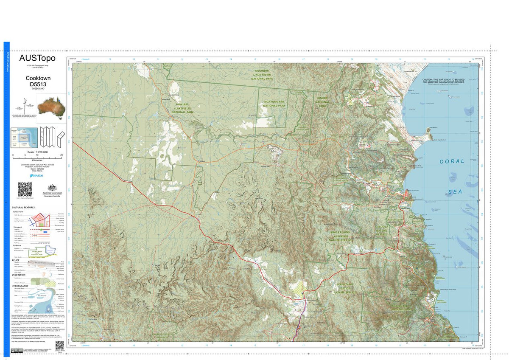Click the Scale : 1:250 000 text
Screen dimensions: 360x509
tap(37, 152)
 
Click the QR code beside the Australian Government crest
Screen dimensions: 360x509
tap(25, 189)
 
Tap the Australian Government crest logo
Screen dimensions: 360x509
tap(52, 190)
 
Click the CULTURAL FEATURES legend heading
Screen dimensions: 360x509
tap(24, 207)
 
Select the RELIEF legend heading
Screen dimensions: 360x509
tap(16, 259)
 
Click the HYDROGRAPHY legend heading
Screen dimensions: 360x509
tap(20, 286)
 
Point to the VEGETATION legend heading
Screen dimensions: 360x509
tap(19, 275)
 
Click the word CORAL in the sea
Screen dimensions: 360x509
tap(452, 161)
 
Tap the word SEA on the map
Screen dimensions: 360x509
tap(456, 192)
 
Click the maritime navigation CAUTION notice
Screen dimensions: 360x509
tap(443, 81)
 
